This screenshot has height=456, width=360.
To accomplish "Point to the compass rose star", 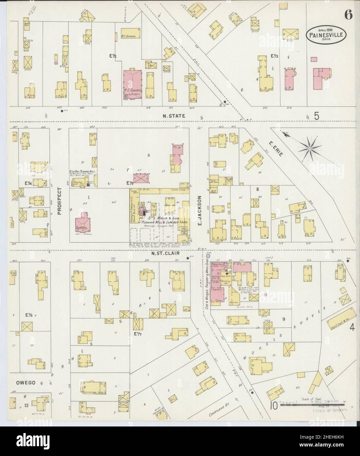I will (x=309, y=149).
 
